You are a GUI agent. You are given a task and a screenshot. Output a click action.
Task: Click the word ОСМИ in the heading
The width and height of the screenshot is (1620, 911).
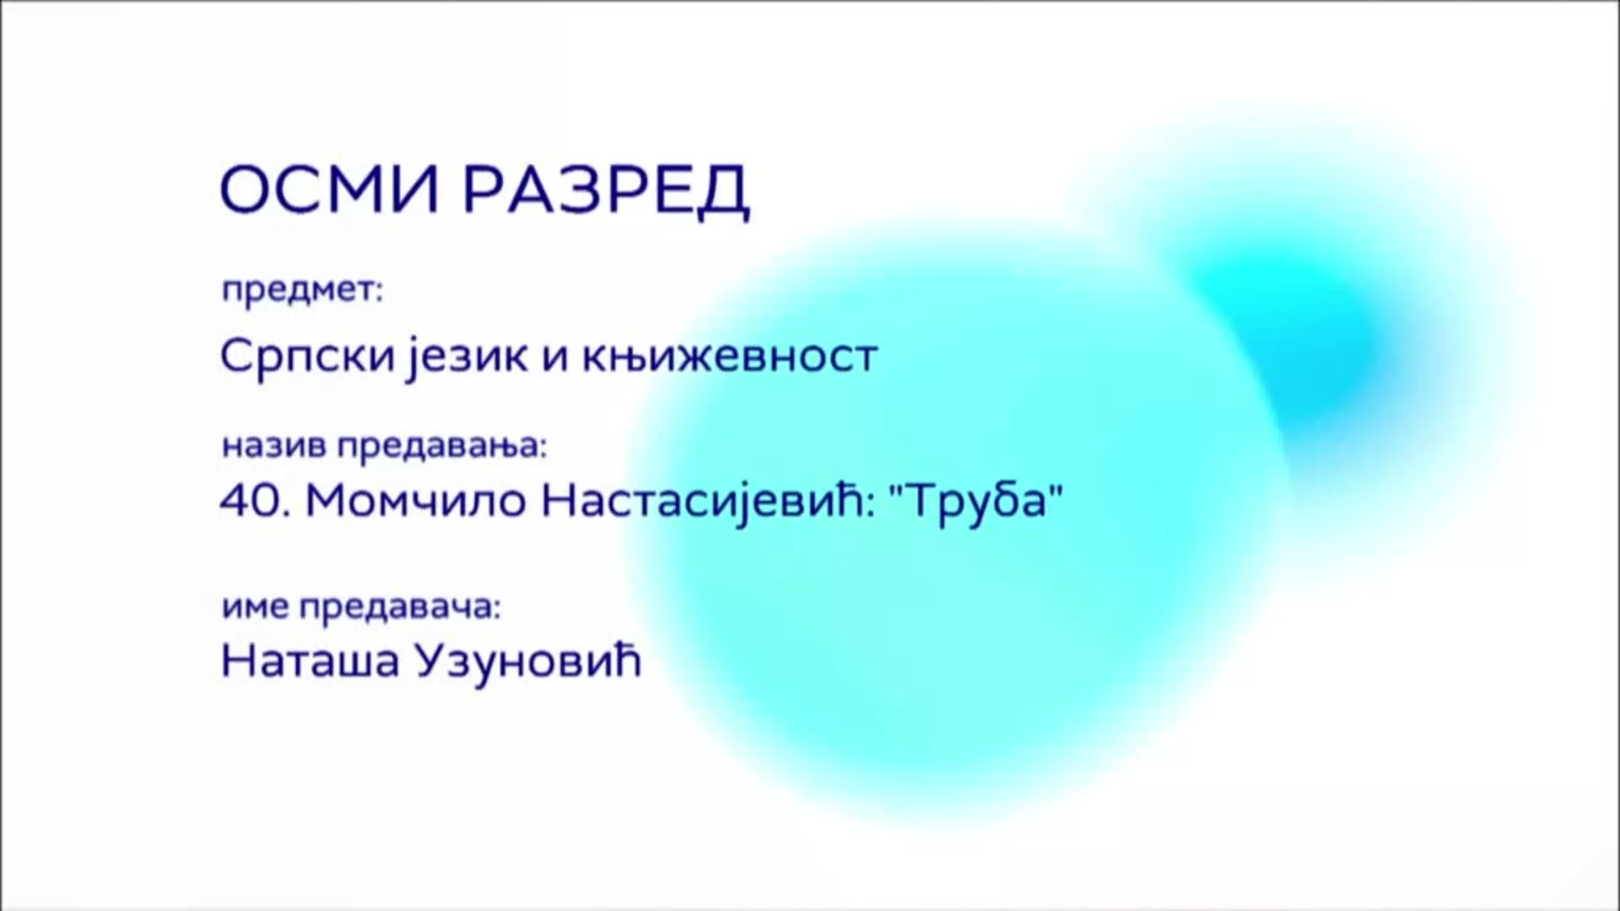(329, 190)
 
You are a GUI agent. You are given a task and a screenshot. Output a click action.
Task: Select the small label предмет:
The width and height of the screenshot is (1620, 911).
(303, 291)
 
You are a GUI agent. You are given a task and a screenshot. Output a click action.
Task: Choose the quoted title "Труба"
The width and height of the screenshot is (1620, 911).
(976, 503)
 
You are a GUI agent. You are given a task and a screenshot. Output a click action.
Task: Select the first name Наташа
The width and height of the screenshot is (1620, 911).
(310, 661)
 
